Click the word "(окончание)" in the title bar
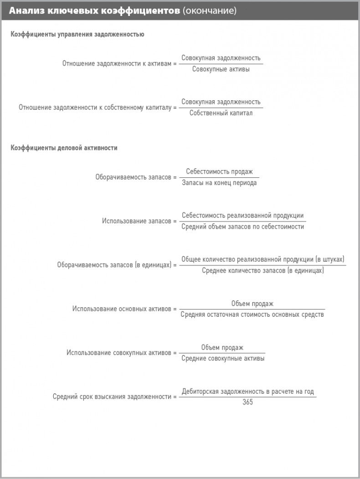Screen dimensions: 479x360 [x=209, y=10]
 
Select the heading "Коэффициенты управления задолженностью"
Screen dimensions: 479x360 [x=77, y=34]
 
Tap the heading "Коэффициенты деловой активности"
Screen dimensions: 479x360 [x=64, y=148]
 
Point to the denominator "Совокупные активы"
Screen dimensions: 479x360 [x=221, y=69]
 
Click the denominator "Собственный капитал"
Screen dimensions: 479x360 [x=221, y=113]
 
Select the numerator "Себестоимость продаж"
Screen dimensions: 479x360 [x=219, y=172]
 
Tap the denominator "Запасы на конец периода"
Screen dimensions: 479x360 [x=219, y=183]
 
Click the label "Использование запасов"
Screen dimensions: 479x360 [x=136, y=221]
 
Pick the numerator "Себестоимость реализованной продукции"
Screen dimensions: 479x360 [x=242, y=216]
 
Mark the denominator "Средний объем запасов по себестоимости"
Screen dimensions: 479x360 [x=242, y=227]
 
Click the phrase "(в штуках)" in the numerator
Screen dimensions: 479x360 [x=330, y=259]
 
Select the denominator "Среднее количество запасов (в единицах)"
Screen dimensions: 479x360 [x=263, y=270]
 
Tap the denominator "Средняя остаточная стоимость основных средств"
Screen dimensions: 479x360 [x=252, y=314]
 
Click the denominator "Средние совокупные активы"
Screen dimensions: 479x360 [x=223, y=358]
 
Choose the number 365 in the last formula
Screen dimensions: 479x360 [x=247, y=402]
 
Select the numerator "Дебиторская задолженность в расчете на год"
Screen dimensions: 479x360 [x=247, y=391]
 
